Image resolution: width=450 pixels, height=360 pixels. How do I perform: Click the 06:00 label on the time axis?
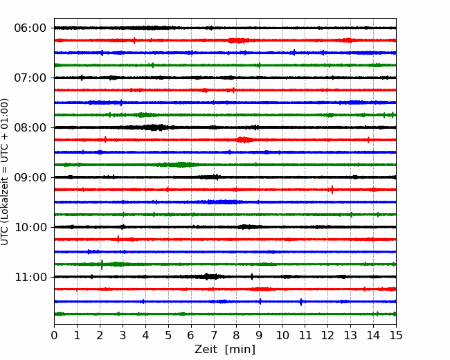(x=30, y=28)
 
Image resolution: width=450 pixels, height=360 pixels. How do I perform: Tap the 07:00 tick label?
(x=30, y=78)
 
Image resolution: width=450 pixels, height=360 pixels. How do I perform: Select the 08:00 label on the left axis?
(x=30, y=127)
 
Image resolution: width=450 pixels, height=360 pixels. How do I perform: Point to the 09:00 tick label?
(x=30, y=177)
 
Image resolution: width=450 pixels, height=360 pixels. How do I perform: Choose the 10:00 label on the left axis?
(x=30, y=227)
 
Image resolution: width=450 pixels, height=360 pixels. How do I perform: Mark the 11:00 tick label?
(x=30, y=277)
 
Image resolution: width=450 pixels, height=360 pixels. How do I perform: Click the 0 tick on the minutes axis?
(x=54, y=335)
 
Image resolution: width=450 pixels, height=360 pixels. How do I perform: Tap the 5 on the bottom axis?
(x=168, y=335)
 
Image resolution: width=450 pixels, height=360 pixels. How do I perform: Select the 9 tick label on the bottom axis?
(x=259, y=335)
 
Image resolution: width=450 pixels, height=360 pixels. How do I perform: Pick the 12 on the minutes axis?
(x=327, y=335)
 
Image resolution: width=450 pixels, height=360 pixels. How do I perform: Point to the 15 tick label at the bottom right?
(x=396, y=335)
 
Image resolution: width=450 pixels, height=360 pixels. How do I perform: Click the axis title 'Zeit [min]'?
(x=225, y=350)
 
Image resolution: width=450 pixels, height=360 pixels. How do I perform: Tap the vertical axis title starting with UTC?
(x=5, y=172)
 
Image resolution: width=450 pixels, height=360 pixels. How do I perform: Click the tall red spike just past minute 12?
(x=332, y=190)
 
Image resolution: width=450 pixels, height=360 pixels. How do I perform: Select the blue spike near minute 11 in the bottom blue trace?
(x=301, y=302)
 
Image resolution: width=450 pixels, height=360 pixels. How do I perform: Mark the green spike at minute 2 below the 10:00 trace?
(x=102, y=264)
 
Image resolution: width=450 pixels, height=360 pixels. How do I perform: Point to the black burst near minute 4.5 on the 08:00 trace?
(x=155, y=127)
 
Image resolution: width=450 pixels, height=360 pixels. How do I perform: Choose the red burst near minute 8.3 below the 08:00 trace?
(x=244, y=140)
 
